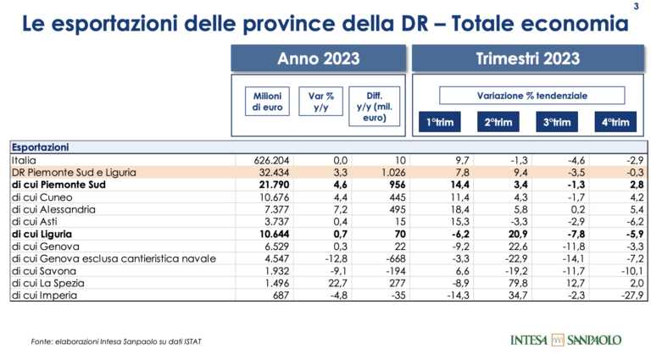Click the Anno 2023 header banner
[x=319, y=58]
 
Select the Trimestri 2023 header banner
[x=527, y=58]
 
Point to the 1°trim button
[x=439, y=123]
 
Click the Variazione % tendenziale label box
[x=531, y=96]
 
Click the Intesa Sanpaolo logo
[x=565, y=341]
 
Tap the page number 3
[x=637, y=8]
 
